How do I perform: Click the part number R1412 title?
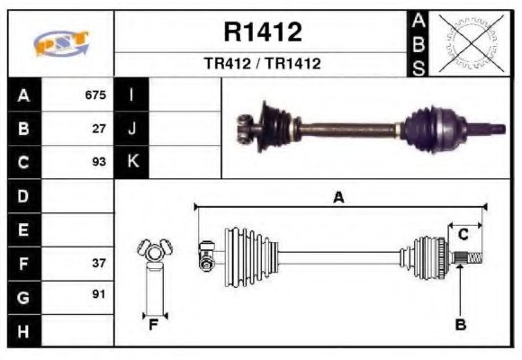point(262,32)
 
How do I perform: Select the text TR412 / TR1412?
point(262,64)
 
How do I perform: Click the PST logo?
point(61,44)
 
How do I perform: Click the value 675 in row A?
point(95,94)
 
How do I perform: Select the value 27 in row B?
point(99,128)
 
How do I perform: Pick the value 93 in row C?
point(99,162)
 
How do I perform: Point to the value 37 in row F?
point(99,264)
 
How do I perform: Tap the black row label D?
point(23,195)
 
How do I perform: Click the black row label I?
point(131,94)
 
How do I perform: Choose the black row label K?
point(131,162)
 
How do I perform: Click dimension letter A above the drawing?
point(338,197)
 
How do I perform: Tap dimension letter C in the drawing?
point(463,234)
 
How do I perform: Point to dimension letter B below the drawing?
point(460,325)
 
